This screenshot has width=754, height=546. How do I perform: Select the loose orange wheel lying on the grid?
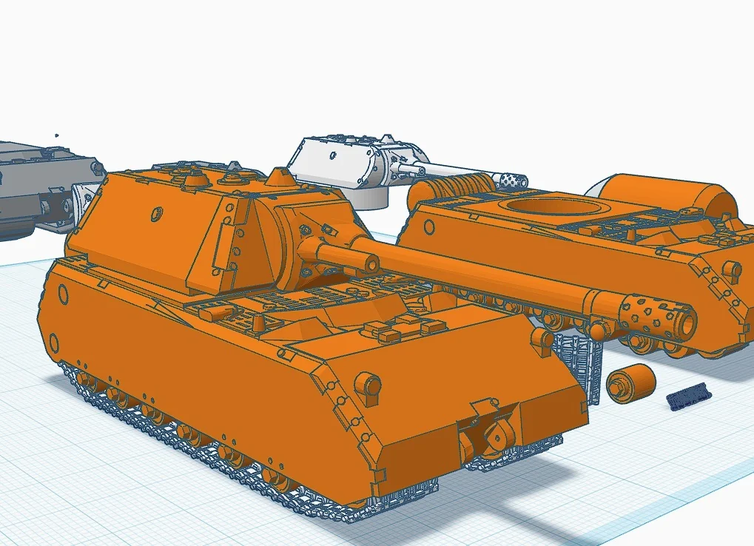(630, 382)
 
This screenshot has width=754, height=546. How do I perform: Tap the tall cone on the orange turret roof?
(279, 178)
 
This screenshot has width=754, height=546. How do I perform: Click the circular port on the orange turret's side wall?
(156, 215)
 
